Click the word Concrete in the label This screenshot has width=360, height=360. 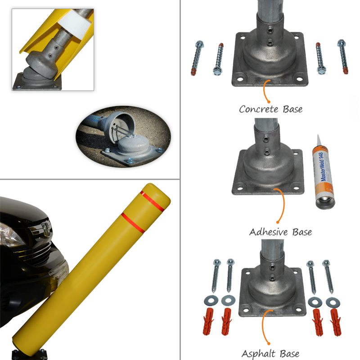click(x=259, y=109)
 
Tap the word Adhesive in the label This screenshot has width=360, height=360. click(x=268, y=232)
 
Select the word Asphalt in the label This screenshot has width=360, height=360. click(x=258, y=354)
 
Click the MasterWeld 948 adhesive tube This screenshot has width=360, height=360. click(x=324, y=173)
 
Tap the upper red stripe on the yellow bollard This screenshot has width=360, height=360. click(x=153, y=201)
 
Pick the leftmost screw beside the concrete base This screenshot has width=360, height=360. click(x=197, y=58)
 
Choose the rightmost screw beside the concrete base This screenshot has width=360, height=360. click(x=343, y=57)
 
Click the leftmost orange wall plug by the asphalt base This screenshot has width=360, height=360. click(x=208, y=321)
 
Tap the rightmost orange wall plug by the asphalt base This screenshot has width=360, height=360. click(x=335, y=322)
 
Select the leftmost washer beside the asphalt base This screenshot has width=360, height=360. click(x=211, y=300)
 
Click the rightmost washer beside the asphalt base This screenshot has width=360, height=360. click(x=333, y=302)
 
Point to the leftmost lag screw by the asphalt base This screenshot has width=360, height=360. click(x=216, y=276)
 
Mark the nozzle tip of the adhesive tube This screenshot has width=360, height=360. click(x=318, y=135)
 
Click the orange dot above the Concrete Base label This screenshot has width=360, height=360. click(x=269, y=102)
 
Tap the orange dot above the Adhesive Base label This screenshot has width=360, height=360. click(x=278, y=222)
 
